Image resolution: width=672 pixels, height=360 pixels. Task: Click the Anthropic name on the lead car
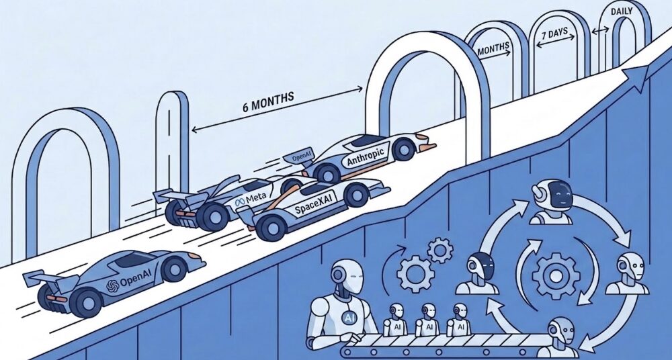coord(366,157)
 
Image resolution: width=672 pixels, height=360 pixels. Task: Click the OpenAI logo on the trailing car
coord(129,283)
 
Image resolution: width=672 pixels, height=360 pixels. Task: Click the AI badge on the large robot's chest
coord(348,318)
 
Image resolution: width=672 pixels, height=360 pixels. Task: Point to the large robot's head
coord(348,277)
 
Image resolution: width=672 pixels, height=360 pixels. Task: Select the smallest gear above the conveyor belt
coord(439,251)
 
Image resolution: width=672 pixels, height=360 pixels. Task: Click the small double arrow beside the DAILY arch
coord(600,31)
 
